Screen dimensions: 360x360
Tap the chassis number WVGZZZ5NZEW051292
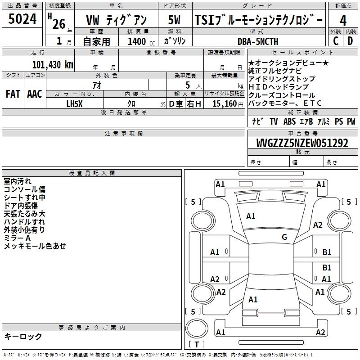302,143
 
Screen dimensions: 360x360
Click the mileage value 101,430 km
53,64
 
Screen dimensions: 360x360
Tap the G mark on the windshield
284,237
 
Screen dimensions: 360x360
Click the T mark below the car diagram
197,344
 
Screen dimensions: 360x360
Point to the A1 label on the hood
251,216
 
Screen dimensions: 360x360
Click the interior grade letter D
350,41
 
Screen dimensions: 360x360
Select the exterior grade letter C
336,41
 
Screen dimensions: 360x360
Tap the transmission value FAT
13,94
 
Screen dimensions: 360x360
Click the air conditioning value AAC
34,94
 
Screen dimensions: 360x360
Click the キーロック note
23,336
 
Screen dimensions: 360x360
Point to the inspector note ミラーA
17,238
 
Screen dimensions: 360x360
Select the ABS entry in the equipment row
289,121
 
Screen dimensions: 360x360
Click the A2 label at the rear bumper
320,332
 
